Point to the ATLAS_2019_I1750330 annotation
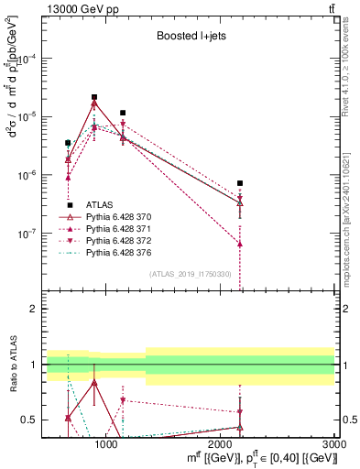click(191, 275)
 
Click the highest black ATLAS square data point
click(94, 97)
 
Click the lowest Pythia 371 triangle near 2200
click(240, 245)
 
